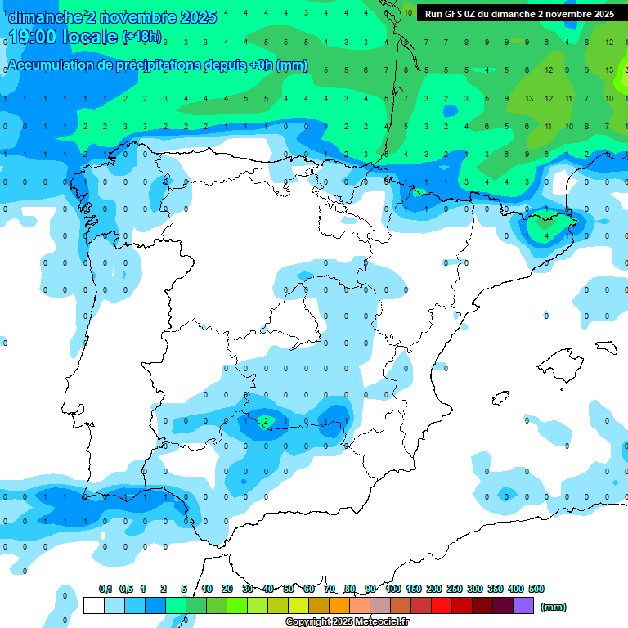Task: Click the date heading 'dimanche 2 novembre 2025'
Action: pos(112,17)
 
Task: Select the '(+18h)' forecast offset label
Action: pos(141,38)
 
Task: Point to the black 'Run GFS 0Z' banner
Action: pos(519,14)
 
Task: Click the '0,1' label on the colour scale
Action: pos(105,589)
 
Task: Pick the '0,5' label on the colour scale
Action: pos(126,589)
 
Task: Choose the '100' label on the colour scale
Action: pos(393,589)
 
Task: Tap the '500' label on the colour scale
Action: pos(536,589)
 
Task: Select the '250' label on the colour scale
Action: pos(455,589)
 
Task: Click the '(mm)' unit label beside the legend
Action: pos(554,607)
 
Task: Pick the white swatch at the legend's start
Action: pos(94,606)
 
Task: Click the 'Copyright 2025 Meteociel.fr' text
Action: pos(347,622)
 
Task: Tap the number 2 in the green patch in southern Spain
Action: pos(266,421)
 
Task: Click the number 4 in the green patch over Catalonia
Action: pos(546,235)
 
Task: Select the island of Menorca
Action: pos(606,348)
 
